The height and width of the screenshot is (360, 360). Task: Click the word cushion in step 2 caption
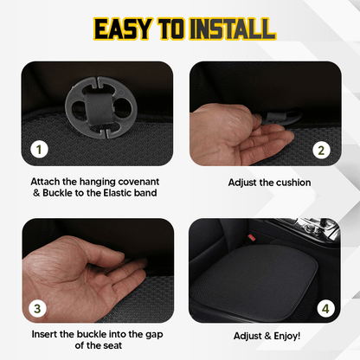tap(289, 183)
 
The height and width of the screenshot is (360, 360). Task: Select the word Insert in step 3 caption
tap(48, 333)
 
